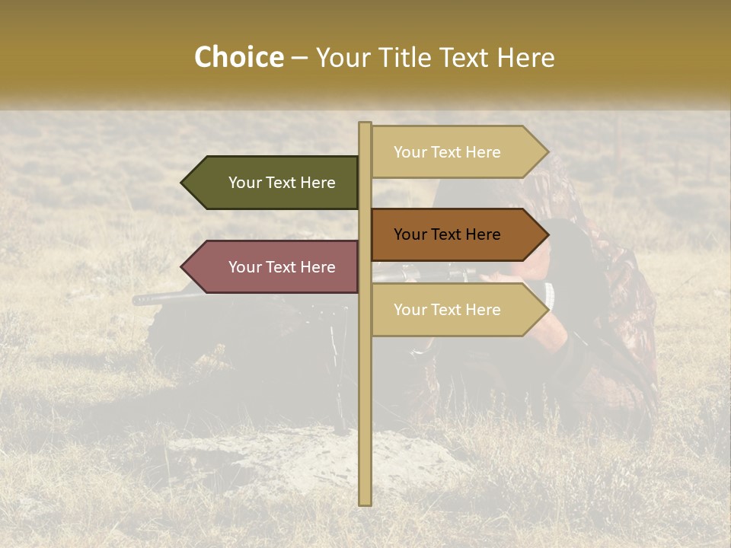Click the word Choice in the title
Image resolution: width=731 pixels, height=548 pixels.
(238, 58)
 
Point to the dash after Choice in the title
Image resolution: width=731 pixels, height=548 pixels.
(299, 59)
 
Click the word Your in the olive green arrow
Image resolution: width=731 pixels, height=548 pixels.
(244, 183)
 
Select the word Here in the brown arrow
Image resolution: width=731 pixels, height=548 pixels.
(482, 234)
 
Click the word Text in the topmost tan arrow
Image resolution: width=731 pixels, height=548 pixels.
(447, 152)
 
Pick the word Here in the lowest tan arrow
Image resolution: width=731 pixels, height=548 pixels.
(482, 310)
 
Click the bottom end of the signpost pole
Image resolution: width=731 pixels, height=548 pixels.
(365, 502)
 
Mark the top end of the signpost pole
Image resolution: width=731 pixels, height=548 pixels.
(365, 125)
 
